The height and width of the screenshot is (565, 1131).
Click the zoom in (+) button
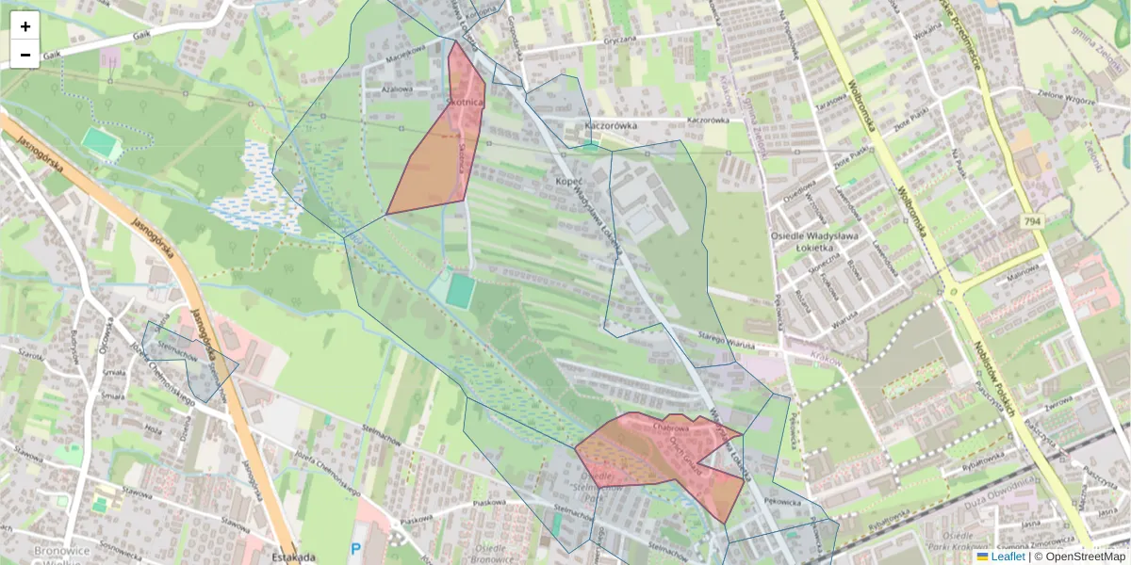tap(25, 26)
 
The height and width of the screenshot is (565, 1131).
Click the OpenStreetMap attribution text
tap(1079, 557)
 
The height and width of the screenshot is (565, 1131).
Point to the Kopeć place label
tap(569, 180)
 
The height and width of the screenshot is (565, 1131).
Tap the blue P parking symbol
tap(355, 548)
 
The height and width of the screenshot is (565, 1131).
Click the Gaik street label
tap(142, 35)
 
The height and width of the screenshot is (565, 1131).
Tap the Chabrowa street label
tap(670, 427)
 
